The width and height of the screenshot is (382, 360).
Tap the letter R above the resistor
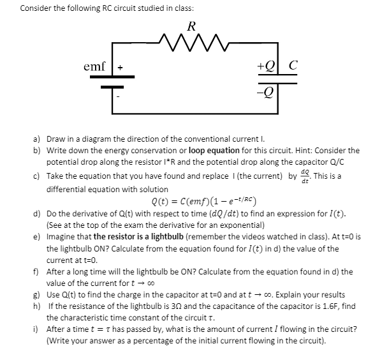(191, 26)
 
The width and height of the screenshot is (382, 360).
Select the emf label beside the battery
(95, 66)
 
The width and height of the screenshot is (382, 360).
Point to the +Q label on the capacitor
(264, 66)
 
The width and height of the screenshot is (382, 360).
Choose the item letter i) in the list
(37, 329)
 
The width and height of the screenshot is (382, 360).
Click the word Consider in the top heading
(36, 8)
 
